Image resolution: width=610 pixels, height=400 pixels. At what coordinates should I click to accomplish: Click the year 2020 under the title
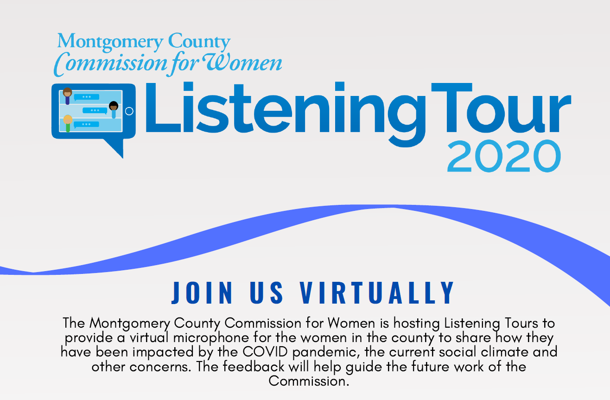pyautogui.click(x=504, y=156)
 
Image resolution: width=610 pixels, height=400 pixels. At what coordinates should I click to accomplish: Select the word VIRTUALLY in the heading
pyautogui.click(x=377, y=292)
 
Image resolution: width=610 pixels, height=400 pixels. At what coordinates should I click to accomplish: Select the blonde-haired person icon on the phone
pyautogui.click(x=68, y=123)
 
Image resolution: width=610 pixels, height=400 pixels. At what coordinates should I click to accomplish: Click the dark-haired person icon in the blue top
pyautogui.click(x=114, y=109)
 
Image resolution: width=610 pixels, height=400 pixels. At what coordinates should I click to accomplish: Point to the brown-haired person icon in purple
pyautogui.click(x=67, y=95)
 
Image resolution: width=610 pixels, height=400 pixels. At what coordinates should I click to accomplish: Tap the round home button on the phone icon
pyautogui.click(x=129, y=111)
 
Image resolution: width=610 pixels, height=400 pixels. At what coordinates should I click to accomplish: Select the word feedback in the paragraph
pyautogui.click(x=254, y=367)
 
